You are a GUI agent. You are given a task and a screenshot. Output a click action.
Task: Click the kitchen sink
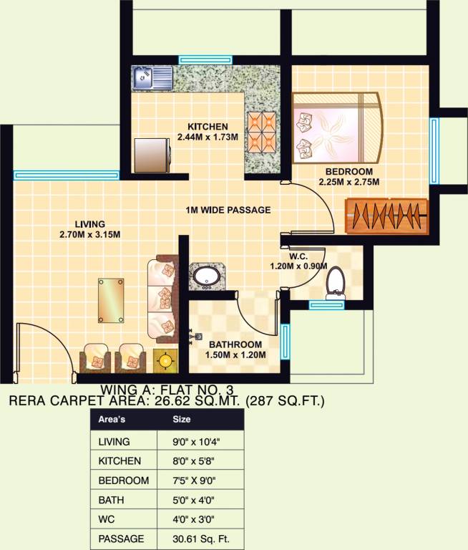(x=152, y=77)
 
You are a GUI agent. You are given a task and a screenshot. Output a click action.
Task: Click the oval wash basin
(x=206, y=276)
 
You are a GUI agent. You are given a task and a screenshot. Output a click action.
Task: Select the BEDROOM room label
(x=348, y=171)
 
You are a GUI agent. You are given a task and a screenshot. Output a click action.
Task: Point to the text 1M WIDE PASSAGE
(x=228, y=210)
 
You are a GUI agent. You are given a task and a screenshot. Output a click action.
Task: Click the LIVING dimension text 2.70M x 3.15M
(x=89, y=234)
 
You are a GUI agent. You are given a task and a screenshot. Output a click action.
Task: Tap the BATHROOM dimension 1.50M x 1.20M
(x=237, y=354)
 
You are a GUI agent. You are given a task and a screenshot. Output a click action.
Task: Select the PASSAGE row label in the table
(x=122, y=538)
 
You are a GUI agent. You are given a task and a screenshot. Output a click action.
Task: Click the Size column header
(x=182, y=420)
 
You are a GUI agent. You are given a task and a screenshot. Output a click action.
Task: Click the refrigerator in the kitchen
(x=152, y=154)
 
